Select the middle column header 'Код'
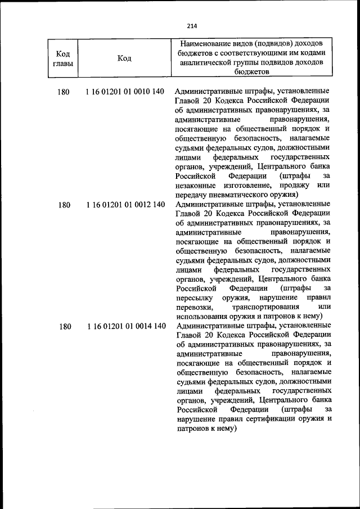pos(125,59)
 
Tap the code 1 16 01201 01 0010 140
pos(125,92)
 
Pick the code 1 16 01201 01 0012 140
pos(125,205)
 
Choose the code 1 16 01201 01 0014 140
pos(125,327)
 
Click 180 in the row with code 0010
pos(64,92)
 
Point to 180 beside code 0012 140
pos(64,205)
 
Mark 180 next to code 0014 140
pos(64,327)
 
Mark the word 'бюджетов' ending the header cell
pos(253,72)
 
